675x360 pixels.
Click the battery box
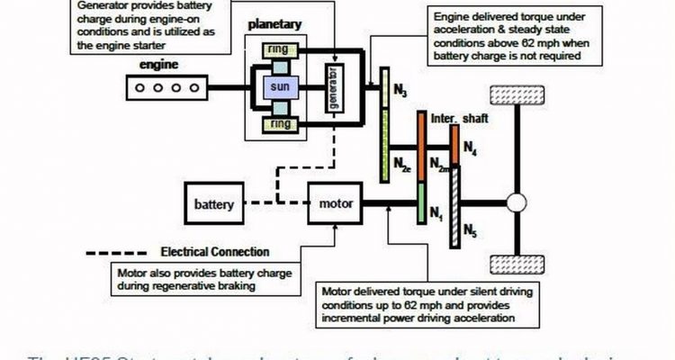point(214,204)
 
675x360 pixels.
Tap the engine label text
point(158,65)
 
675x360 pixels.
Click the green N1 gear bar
point(419,204)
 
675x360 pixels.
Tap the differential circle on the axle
point(516,203)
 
